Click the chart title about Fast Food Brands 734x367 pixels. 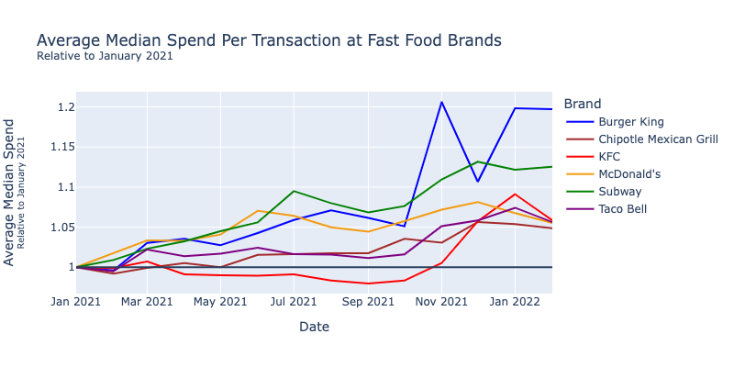pyautogui.click(x=269, y=41)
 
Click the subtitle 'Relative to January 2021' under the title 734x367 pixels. pyautogui.click(x=105, y=57)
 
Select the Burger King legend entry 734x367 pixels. pyautogui.click(x=630, y=121)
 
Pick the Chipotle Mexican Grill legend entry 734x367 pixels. pyautogui.click(x=658, y=139)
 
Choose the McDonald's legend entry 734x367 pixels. pyautogui.click(x=629, y=174)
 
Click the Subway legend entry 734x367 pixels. pyautogui.click(x=619, y=192)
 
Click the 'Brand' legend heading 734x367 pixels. pyautogui.click(x=584, y=104)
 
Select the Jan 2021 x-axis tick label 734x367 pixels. pyautogui.click(x=75, y=301)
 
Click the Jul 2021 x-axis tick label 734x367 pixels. pyautogui.click(x=294, y=301)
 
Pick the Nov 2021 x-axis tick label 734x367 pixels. pyautogui.click(x=441, y=301)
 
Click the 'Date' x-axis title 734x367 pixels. pyautogui.click(x=314, y=327)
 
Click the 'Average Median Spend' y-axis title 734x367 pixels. pyautogui.click(x=10, y=192)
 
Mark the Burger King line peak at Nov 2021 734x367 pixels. pyautogui.click(x=441, y=102)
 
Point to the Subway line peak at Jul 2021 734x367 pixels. pyautogui.click(x=294, y=191)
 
